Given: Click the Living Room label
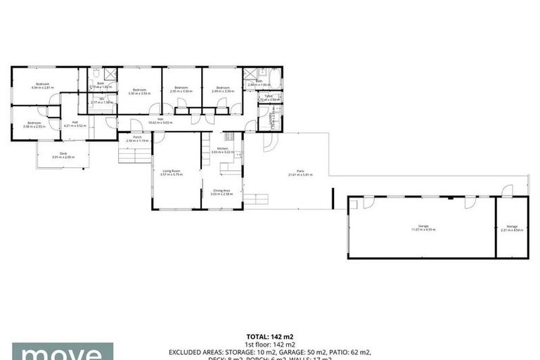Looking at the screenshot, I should pos(171,170).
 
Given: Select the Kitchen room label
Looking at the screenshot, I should pos(222,148).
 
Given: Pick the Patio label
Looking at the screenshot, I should pos(300,171).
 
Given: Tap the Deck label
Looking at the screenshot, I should pos(63,153).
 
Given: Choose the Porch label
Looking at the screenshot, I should pos(138,136).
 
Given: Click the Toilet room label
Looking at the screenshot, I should pos(269,96).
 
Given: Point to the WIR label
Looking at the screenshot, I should pos(102,98).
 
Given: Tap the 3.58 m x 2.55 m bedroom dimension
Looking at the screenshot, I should pos(34,127).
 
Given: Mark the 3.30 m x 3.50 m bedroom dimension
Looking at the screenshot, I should pos(139,93).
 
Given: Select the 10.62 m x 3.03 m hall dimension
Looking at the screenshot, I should pos(160,123).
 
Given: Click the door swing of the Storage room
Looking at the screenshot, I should pos(508,191).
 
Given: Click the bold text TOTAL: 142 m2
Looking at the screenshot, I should pos(270,336).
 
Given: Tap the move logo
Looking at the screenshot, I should pos(62,352).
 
